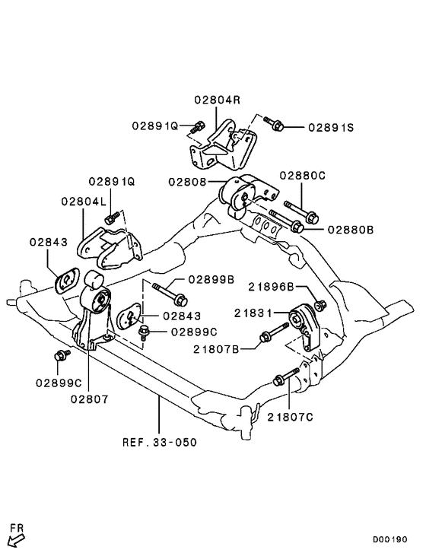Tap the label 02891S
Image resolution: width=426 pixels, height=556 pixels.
(331, 128)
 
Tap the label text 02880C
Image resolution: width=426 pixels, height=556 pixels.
(301, 175)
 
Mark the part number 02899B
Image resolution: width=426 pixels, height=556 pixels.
(211, 279)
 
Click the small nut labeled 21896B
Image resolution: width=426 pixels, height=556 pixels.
(320, 306)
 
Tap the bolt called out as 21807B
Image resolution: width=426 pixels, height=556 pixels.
(271, 335)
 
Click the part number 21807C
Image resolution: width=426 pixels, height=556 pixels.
(291, 416)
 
